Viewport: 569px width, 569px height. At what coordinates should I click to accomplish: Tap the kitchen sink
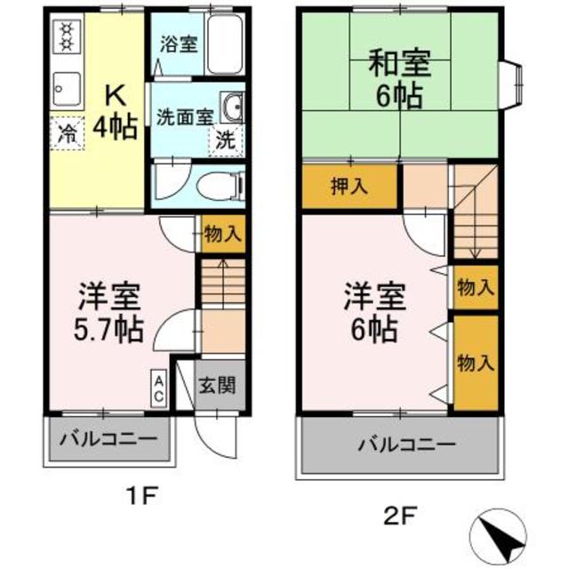tap(66, 88)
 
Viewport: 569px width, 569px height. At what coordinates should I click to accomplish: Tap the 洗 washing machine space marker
tap(226, 140)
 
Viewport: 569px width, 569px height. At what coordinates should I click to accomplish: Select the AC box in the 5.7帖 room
tap(158, 389)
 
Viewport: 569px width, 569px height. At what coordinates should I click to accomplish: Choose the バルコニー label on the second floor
tap(406, 445)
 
